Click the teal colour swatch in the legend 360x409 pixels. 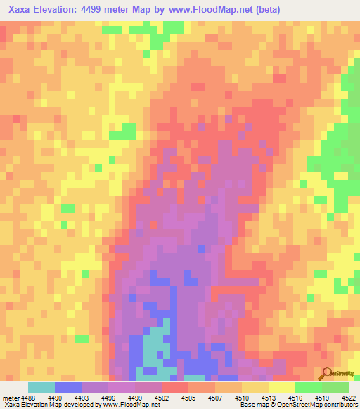[x=41, y=387]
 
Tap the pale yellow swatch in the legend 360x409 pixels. [x=282, y=387]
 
